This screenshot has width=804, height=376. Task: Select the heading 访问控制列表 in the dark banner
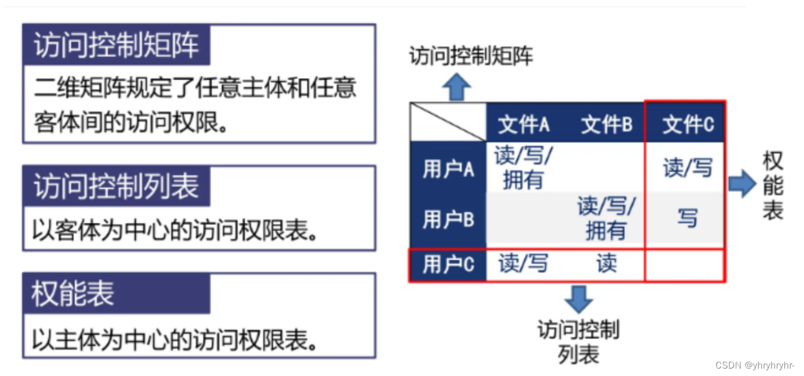(116, 186)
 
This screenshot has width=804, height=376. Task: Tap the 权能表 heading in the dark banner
(73, 294)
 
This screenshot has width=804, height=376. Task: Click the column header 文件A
(524, 125)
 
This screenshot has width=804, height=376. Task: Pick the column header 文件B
(606, 125)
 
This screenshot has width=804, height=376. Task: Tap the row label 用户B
(448, 219)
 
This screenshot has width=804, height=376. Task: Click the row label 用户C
(448, 265)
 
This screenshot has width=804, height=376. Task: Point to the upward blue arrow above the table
(456, 87)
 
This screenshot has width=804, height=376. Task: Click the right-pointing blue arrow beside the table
(741, 185)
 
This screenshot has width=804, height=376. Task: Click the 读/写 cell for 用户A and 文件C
(687, 168)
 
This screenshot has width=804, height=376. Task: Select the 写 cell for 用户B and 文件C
(687, 218)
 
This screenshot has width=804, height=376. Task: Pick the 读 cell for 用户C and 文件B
(606, 264)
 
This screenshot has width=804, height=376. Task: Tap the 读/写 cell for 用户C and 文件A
(524, 264)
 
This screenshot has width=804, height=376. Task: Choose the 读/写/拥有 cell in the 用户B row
(606, 218)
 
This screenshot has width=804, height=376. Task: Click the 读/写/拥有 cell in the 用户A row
(524, 168)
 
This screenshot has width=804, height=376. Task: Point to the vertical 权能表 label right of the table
(773, 186)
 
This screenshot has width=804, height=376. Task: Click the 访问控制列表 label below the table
(578, 342)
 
